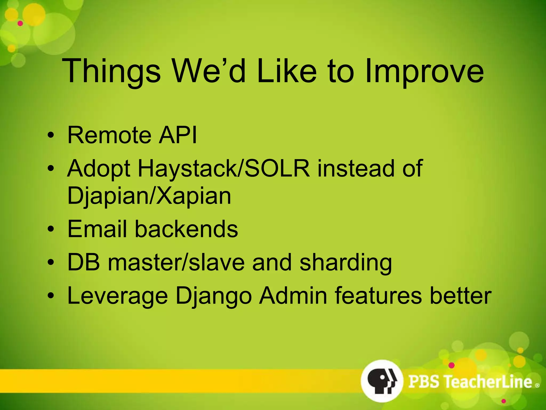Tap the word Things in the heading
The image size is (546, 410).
click(111, 72)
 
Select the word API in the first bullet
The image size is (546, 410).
click(178, 135)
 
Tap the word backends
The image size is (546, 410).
click(186, 229)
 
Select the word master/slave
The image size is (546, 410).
click(176, 263)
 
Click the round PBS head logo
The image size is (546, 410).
click(382, 381)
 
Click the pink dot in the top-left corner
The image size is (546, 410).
click(20, 23)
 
